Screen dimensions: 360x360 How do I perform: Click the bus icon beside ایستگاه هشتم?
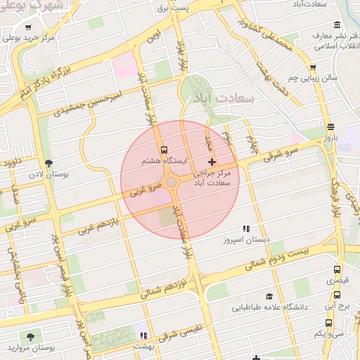[x=164, y=150]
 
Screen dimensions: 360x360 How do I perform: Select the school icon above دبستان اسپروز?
[x=246, y=229]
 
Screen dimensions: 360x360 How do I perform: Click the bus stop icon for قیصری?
[x=337, y=269]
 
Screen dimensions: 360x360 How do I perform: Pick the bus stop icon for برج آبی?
[x=337, y=295]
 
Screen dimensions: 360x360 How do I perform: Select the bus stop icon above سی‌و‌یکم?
[x=329, y=323]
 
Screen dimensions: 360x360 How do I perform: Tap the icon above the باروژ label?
[x=330, y=127]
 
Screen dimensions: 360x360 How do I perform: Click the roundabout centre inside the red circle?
[x=172, y=183]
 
